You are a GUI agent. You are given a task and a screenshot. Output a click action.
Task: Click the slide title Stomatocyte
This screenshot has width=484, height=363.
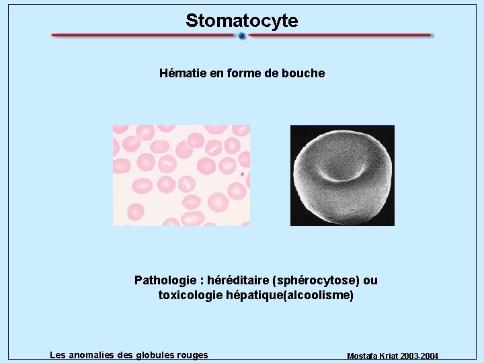[242, 21]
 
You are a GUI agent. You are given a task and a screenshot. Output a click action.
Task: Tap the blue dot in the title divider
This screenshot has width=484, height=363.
[242, 36]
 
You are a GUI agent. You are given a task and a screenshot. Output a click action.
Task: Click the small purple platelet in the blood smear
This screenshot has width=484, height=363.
[242, 174]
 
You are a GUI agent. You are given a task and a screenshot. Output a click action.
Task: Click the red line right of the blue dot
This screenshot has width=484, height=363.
[339, 36]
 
